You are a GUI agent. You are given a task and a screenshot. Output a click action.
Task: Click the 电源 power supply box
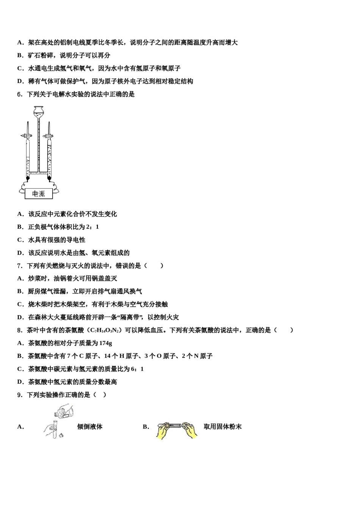click(39, 194)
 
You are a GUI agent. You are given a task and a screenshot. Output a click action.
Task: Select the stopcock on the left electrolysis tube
click(27, 135)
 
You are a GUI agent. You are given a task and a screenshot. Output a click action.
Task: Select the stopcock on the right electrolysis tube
click(49, 135)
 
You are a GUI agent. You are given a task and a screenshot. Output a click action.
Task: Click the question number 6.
click(20, 94)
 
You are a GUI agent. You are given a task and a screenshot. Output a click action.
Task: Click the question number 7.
click(20, 266)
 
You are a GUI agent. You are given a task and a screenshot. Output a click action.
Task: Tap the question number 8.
click(20, 330)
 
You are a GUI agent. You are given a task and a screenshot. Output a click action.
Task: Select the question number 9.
click(20, 395)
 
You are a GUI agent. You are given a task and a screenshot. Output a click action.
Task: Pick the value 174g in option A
click(105, 343)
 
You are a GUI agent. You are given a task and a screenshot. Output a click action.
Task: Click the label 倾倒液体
click(90, 427)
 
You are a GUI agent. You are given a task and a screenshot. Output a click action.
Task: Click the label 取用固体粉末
click(222, 427)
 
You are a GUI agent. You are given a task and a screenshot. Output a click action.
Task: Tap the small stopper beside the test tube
click(61, 435)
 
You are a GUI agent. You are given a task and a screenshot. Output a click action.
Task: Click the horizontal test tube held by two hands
click(176, 426)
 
